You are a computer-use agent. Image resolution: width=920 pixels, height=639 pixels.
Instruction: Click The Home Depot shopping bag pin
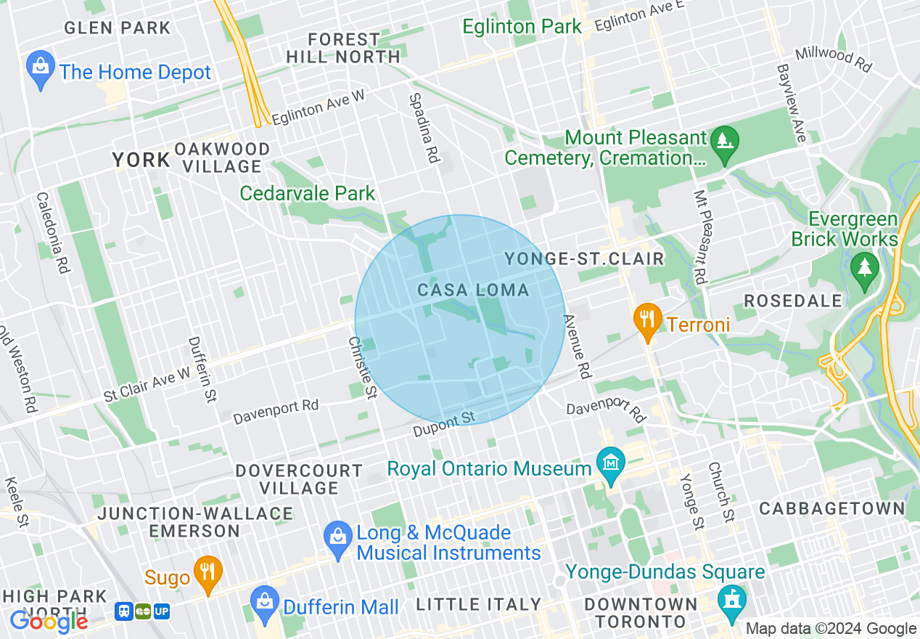[x=41, y=68]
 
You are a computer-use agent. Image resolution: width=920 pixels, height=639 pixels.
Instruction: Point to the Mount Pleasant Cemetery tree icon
[x=723, y=139]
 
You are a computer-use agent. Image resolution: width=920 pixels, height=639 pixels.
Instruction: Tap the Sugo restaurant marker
[x=208, y=573]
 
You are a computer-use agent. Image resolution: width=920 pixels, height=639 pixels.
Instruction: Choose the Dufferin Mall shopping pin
[x=264, y=603]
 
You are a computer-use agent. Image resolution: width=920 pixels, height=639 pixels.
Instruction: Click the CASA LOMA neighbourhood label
[x=473, y=290]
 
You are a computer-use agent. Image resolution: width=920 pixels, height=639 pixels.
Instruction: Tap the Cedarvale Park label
[x=308, y=193]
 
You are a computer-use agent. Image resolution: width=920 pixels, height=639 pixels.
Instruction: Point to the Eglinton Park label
[x=522, y=27]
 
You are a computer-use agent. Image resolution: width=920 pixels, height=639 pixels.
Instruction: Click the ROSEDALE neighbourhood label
[x=793, y=301]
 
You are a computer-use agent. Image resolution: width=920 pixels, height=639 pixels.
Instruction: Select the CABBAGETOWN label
[x=832, y=508]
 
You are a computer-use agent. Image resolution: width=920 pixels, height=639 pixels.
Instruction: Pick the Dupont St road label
[x=443, y=425]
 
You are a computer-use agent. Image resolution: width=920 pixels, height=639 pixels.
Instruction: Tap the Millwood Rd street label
[x=833, y=59]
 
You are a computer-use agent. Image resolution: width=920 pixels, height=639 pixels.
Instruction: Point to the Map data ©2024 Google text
[x=831, y=629]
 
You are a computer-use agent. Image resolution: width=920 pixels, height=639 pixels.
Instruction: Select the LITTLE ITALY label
[x=478, y=604]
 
